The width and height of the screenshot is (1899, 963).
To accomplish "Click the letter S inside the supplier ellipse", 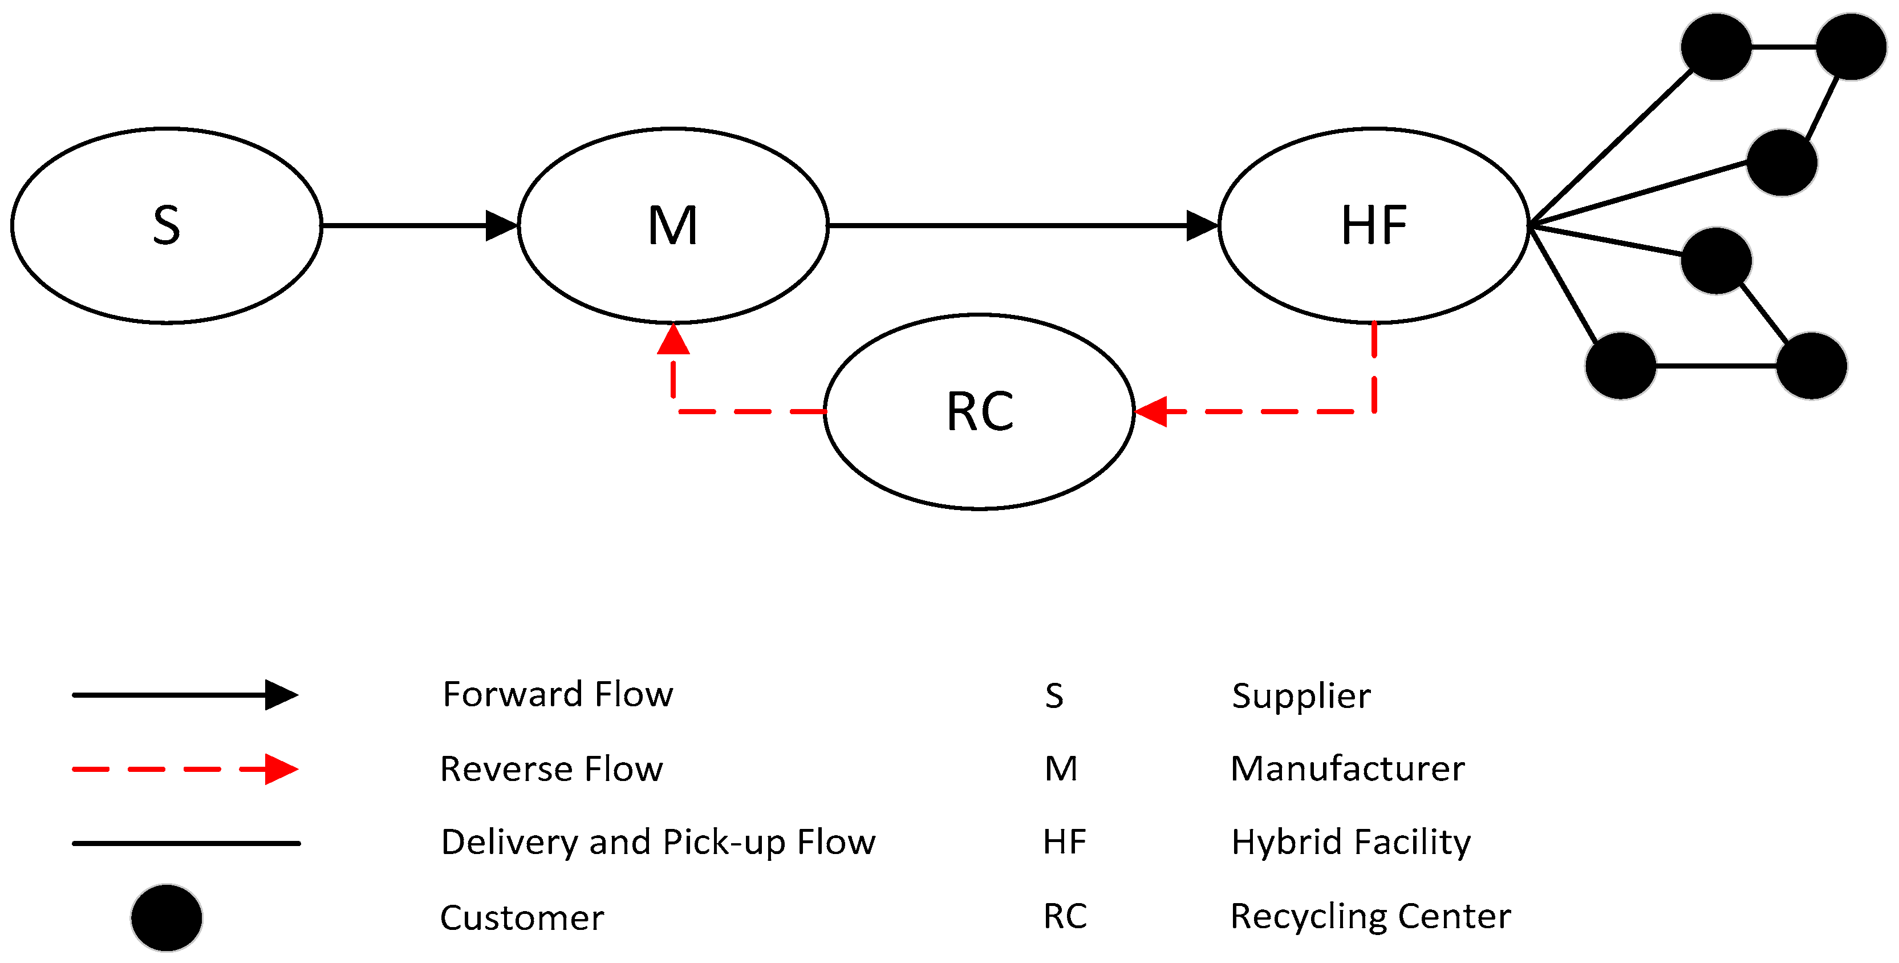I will coord(167,226).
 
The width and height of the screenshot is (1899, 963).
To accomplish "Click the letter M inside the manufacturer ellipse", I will coord(672,226).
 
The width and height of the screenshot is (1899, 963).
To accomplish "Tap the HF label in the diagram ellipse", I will coord(1373,226).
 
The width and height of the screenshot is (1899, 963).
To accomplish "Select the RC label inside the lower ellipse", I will coord(980,411).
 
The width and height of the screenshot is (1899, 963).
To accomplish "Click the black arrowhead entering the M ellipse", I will coord(501,226).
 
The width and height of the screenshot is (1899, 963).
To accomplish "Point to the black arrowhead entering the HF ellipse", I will coord(1202,226).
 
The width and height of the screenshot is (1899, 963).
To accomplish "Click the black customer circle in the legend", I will coord(167,917).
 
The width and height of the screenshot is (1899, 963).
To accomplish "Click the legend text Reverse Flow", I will coord(551,769).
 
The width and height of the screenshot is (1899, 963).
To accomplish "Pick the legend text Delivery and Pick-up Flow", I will coord(658,842).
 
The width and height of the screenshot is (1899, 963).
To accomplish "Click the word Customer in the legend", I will coord(522,918).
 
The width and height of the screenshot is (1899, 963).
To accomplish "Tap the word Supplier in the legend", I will coord(1301,696).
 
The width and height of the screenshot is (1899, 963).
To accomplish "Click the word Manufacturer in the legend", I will coord(1348,769).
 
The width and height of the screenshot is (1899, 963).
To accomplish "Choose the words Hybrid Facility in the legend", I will coord(1350,842).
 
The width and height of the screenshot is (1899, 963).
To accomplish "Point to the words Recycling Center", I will coord(1370,917).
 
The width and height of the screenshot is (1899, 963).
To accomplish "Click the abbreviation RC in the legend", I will coord(1065,917).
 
